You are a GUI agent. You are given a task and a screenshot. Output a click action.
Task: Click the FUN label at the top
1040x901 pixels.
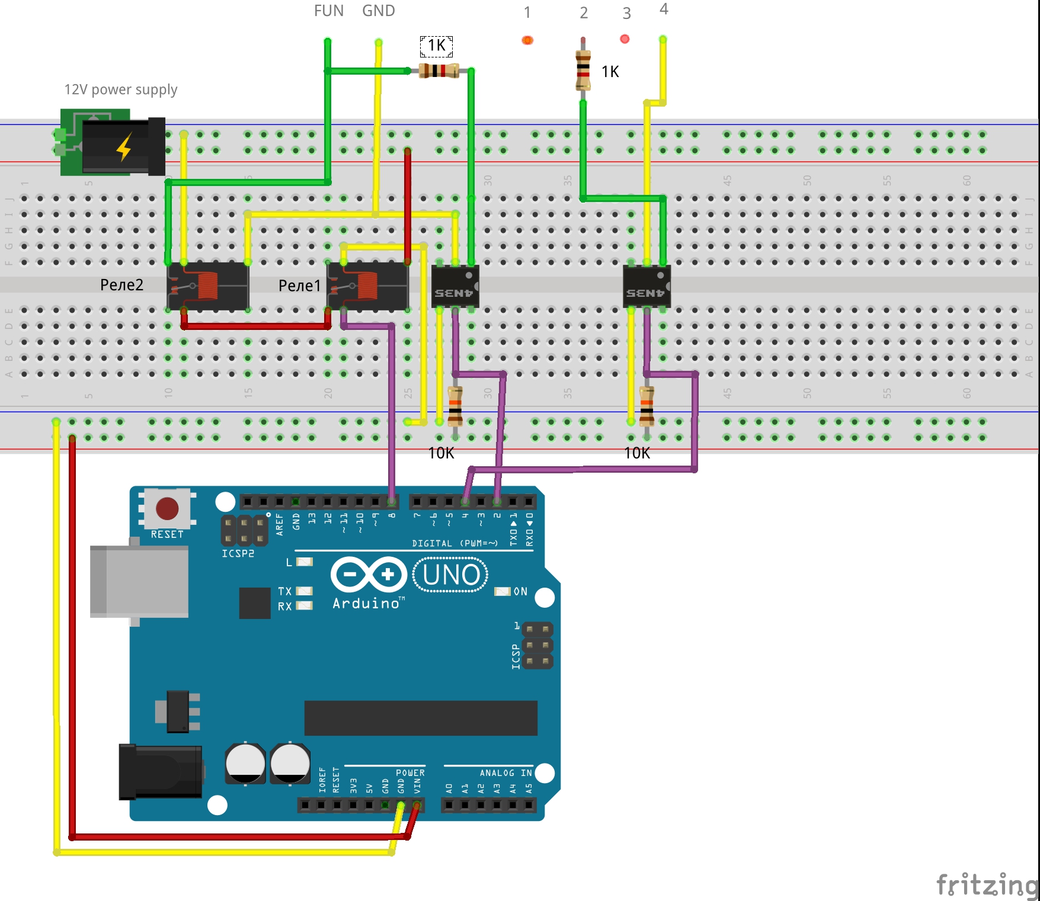pos(328,11)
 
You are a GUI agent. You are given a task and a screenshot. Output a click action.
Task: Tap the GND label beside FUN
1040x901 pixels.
pos(378,11)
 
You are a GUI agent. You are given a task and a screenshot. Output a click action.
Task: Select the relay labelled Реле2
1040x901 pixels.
pos(207,286)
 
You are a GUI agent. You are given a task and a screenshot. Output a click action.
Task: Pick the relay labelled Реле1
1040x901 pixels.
pos(367,286)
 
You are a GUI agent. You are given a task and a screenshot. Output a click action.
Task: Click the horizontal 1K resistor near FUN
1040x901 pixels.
pos(439,71)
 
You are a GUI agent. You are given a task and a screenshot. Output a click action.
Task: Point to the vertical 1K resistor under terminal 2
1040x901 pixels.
pos(583,70)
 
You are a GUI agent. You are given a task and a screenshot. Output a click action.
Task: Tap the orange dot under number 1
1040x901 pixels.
pos(527,40)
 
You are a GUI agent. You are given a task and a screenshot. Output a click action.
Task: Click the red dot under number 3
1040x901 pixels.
pos(625,39)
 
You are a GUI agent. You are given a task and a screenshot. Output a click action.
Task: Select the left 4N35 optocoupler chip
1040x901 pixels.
pos(455,286)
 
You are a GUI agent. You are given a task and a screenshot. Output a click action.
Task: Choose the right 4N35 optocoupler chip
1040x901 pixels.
pos(647,286)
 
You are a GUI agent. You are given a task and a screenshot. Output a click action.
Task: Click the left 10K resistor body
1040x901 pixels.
pos(455,407)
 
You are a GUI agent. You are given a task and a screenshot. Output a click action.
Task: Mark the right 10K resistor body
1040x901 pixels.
pos(647,407)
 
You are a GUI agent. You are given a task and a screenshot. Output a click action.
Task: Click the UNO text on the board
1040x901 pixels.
pos(451,575)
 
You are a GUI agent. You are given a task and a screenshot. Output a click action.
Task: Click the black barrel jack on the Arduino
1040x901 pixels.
pos(160,771)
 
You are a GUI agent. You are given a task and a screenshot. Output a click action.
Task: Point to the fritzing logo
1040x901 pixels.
pos(986,885)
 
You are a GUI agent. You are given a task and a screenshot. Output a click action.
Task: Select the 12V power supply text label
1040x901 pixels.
pos(120,89)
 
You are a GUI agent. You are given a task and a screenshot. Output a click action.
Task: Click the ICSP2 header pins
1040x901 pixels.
pos(244,530)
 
